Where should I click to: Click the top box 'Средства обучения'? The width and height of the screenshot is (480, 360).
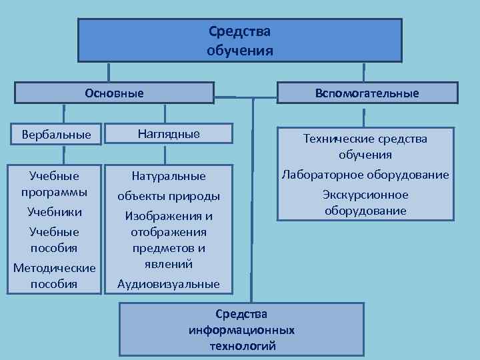click(x=240, y=40)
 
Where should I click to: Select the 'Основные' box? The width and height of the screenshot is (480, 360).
click(x=114, y=93)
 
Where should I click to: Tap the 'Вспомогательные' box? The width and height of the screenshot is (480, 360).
click(x=368, y=93)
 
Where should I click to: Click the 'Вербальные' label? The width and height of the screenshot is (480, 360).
click(x=57, y=134)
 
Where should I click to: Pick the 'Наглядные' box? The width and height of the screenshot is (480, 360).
click(x=169, y=133)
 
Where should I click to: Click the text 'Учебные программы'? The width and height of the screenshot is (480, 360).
click(x=54, y=183)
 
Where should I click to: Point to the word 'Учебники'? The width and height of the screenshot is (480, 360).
click(x=55, y=212)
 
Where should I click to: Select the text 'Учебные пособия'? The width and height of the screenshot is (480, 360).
click(x=55, y=239)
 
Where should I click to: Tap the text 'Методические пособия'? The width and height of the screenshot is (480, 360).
click(x=55, y=275)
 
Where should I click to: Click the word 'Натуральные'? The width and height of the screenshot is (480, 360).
click(x=169, y=177)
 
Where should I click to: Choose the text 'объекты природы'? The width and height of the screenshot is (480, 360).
click(x=169, y=197)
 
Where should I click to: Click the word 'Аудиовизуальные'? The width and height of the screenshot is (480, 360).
click(x=169, y=284)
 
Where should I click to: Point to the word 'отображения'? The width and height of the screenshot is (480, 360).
click(x=169, y=232)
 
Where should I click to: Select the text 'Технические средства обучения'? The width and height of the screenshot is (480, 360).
click(x=365, y=147)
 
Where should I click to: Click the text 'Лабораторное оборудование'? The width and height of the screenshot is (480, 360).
click(x=365, y=175)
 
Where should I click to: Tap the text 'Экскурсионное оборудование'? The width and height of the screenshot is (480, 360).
click(x=365, y=203)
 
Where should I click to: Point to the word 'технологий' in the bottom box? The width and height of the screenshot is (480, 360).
click(x=242, y=346)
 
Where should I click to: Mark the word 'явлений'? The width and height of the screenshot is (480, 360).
click(x=169, y=264)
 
